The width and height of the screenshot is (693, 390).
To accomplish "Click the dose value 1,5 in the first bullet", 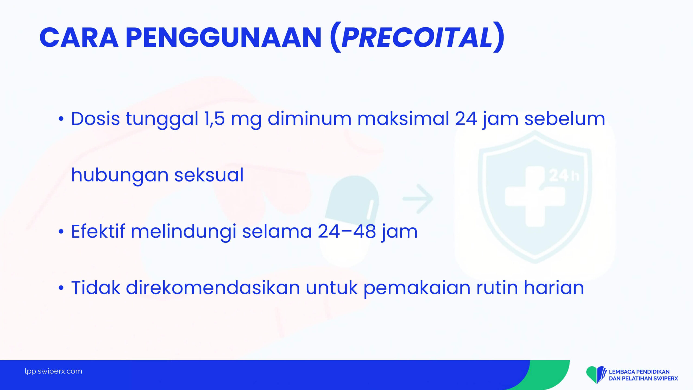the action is pyautogui.click(x=215, y=119).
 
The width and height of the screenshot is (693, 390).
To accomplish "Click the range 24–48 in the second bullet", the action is pyautogui.click(x=347, y=232).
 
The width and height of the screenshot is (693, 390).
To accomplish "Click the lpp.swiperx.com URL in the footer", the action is pyautogui.click(x=53, y=371).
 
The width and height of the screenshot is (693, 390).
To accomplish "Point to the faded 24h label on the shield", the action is pyautogui.click(x=564, y=176).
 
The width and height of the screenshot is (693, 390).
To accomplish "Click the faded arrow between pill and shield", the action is pyautogui.click(x=418, y=199).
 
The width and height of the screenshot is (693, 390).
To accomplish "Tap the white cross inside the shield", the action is pyautogui.click(x=535, y=196).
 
